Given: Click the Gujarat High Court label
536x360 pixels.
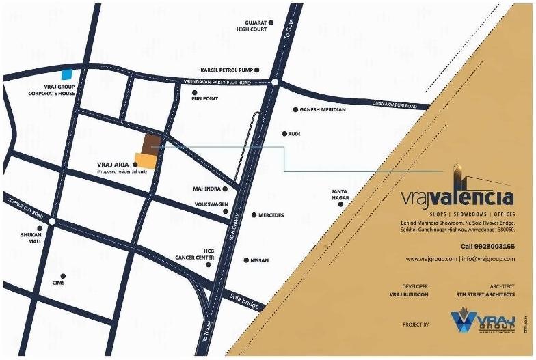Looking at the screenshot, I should [252, 26].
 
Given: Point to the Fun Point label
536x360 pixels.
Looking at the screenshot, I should [204, 99].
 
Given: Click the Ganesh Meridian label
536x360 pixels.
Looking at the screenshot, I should [323, 109].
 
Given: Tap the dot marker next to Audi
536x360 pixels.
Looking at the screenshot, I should [284, 134].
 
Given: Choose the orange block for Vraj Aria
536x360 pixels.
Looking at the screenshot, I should [146, 161].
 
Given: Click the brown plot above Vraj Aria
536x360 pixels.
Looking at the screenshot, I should [152, 142].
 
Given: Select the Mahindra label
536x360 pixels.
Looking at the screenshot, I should [206, 188].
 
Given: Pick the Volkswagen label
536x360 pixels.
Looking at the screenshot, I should [208, 204].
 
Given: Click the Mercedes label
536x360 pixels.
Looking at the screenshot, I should [271, 215].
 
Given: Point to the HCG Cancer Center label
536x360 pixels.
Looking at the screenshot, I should [209, 254].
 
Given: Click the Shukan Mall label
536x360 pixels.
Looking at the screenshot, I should [30, 238].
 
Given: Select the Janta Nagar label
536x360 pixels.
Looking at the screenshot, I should [340, 195].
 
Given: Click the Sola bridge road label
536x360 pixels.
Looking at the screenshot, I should [244, 301].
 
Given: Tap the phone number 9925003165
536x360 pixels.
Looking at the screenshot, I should [487, 246].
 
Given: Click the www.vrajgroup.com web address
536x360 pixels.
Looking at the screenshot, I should [431, 259].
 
